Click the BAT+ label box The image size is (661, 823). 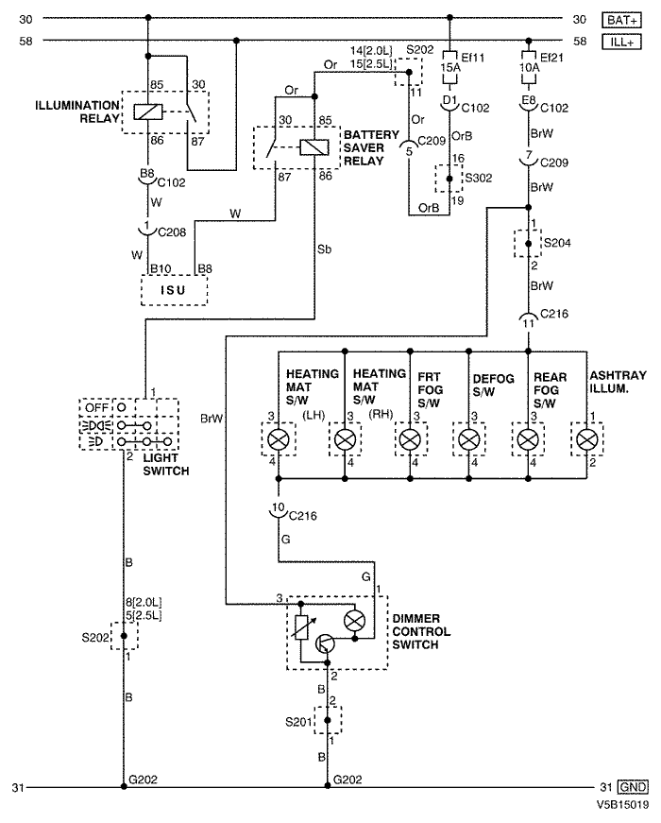pos(621,21)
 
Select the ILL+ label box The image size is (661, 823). pos(621,42)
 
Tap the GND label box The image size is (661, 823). pos(634,787)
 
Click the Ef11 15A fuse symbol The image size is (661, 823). pos(449,67)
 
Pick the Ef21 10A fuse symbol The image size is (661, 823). pos(528,67)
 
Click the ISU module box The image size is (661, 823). pos(174,290)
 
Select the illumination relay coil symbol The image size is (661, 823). pos(148,111)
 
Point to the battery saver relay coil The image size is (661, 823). pos(314,147)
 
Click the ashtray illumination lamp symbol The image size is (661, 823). pos(586,439)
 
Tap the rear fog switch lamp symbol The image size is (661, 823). pos(528,439)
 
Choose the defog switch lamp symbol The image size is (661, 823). pos(469,439)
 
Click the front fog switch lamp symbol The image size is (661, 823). pos(410,439)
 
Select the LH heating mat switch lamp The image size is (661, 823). pos(279,439)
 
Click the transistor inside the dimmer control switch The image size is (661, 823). pos(325,643)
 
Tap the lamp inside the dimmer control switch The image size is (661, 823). pos(354,621)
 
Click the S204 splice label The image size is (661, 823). pos(557,243)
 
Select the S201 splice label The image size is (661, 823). pos(299,722)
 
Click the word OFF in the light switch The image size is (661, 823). pos(96,408)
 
